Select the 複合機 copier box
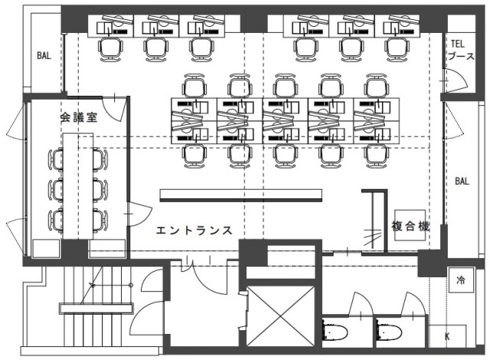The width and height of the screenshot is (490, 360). click(x=410, y=226)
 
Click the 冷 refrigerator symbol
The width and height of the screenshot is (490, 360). click(x=461, y=280)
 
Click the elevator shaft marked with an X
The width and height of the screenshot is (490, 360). click(x=280, y=314)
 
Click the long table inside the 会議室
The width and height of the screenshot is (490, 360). click(x=77, y=184)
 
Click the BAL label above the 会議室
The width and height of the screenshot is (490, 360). click(x=44, y=55)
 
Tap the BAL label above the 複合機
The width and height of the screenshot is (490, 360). click(x=462, y=182)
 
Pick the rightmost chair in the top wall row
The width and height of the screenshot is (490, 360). click(x=396, y=47)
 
